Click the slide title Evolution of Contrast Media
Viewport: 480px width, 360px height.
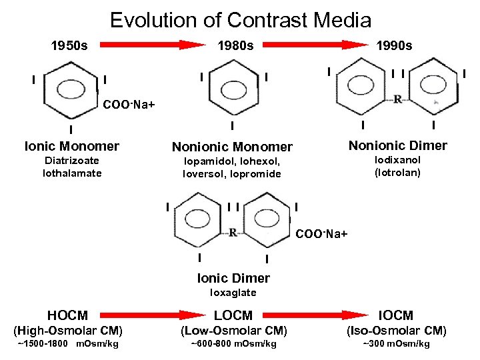(x=240, y=20)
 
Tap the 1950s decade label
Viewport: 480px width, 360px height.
(x=69, y=46)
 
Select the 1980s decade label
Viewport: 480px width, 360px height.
(x=237, y=46)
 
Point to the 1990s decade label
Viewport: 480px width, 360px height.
(x=394, y=46)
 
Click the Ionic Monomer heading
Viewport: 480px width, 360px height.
(x=72, y=146)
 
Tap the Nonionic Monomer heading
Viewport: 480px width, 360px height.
(x=232, y=147)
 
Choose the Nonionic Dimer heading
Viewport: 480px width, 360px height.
(x=398, y=145)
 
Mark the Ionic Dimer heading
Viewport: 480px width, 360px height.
(x=233, y=278)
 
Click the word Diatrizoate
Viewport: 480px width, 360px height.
(x=72, y=161)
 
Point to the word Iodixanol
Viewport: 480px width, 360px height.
(x=398, y=160)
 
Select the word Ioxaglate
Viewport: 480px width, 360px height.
(x=233, y=293)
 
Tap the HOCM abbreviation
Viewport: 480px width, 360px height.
(x=68, y=315)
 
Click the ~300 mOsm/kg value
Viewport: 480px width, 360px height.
(x=396, y=344)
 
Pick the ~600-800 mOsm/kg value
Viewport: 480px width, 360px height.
(x=233, y=344)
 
